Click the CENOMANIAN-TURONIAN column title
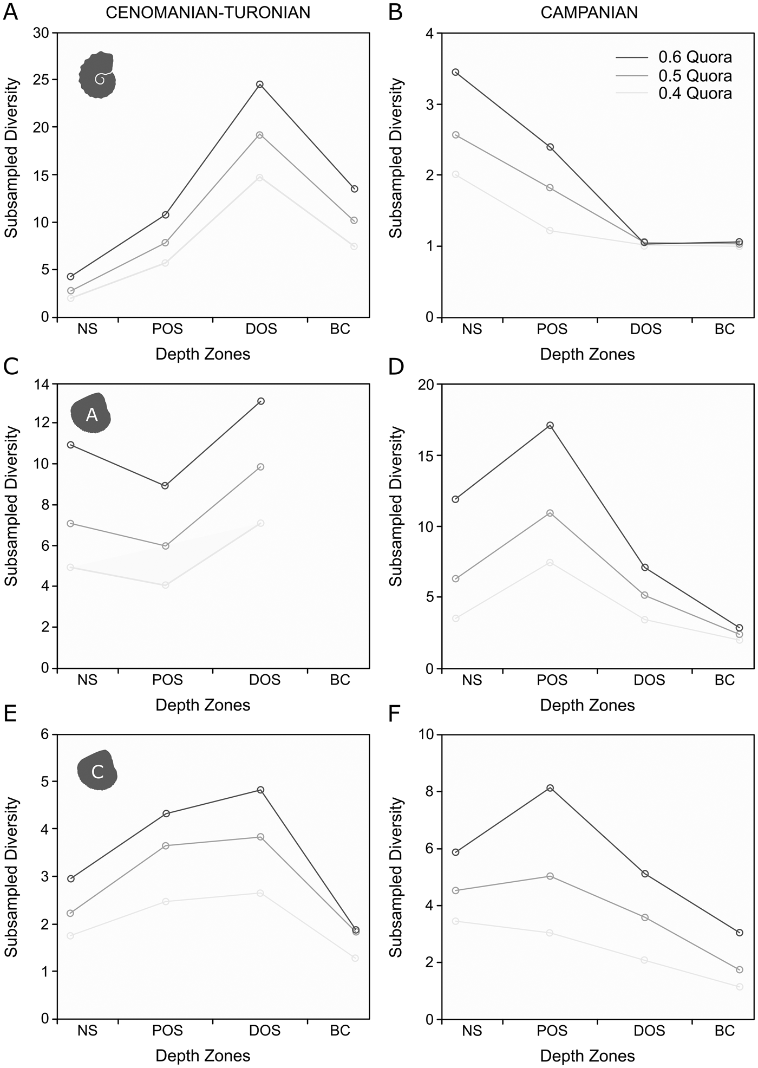[208, 12]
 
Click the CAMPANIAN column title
[589, 12]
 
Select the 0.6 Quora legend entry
[695, 57]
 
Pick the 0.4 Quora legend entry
[695, 93]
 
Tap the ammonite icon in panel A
[98, 75]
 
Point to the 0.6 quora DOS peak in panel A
[260, 84]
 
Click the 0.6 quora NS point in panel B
[455, 72]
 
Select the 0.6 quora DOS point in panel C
[261, 401]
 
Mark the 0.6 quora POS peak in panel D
[550, 426]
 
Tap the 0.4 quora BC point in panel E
[355, 958]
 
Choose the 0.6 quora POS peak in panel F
[550, 788]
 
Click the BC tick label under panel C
[340, 680]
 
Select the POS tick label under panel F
[552, 1031]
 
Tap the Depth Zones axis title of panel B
[587, 354]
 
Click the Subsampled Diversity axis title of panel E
[12, 877]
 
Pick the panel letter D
[396, 367]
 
